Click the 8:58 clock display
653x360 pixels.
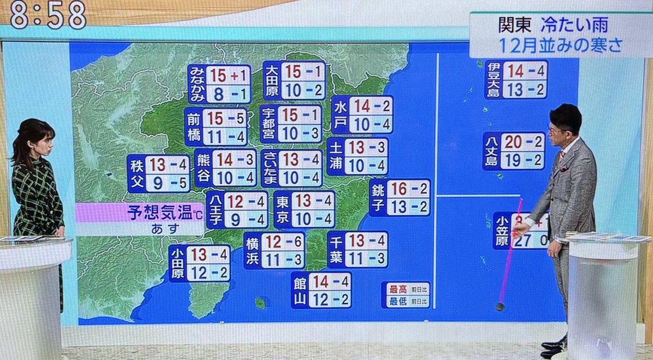[x=48, y=15]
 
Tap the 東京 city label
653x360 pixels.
[x=282, y=209]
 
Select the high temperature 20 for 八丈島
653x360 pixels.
[x=513, y=142]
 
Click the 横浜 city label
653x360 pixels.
[x=252, y=251]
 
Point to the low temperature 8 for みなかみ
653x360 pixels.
[x=219, y=95]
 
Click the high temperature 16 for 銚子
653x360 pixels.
[x=399, y=189]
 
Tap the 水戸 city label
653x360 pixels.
[x=340, y=115]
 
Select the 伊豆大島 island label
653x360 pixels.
[x=494, y=79]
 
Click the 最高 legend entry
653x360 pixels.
[x=397, y=289]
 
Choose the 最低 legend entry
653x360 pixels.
[x=397, y=301]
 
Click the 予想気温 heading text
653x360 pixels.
[x=161, y=213]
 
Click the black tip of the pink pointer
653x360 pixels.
[x=500, y=307]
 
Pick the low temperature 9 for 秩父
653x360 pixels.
[x=157, y=183]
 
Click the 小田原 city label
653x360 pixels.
[x=177, y=264]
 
